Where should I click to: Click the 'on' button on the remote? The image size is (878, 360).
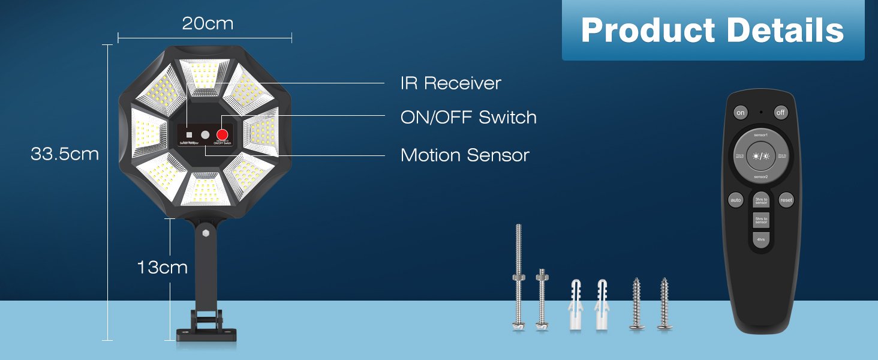pos(741,113)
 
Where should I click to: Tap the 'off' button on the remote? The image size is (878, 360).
pos(780,113)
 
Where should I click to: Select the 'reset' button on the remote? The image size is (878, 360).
pos(786,200)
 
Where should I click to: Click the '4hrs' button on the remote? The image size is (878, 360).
pos(760,240)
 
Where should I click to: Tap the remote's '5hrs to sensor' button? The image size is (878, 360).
pos(760,220)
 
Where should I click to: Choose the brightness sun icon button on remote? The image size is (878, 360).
pos(760,156)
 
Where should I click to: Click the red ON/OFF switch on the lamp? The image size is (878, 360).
pos(222,135)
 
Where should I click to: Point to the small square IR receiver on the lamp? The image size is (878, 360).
pos(189,135)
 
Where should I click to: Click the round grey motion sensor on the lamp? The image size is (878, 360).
pos(205,136)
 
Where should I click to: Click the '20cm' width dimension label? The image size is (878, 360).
pos(208,24)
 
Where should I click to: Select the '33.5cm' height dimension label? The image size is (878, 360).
pos(65,154)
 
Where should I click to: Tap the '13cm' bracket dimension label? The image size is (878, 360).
pos(162,267)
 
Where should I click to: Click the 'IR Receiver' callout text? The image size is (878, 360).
pos(450,83)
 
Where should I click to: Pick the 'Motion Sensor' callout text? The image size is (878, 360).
pos(465,155)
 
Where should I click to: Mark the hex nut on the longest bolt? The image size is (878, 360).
pos(518,277)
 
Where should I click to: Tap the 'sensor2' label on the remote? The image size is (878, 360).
pos(760,178)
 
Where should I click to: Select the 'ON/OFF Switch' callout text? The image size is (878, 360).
pos(468,117)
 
